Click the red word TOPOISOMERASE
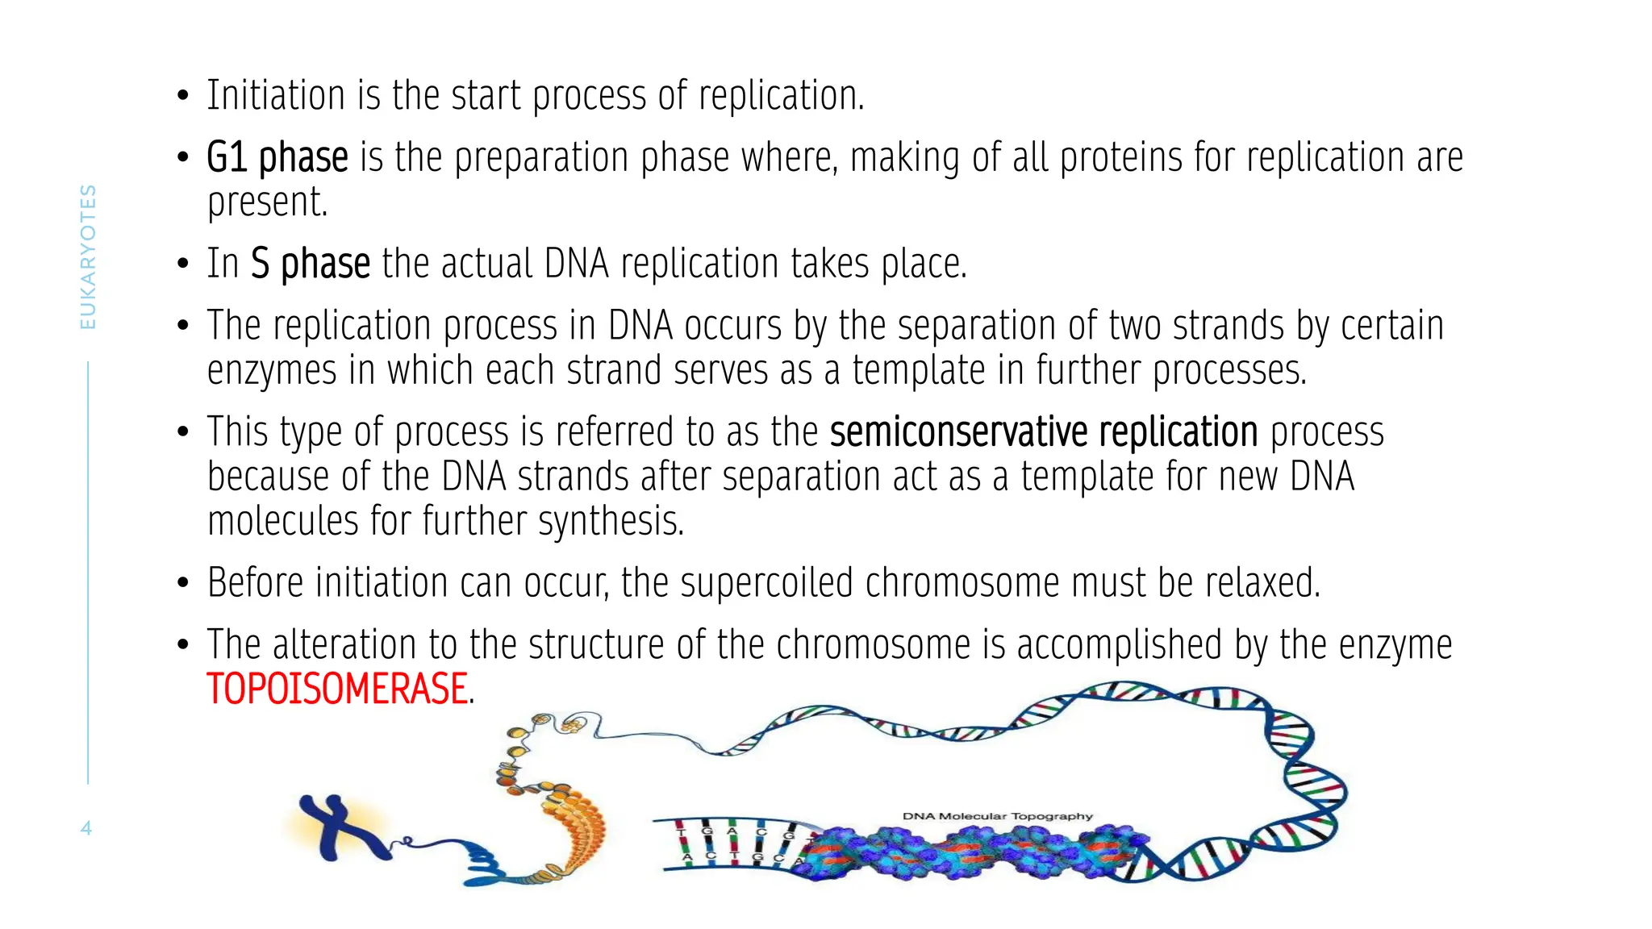pos(337,689)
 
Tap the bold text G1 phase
pos(277,157)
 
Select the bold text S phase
pos(311,264)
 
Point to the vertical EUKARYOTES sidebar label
pos(88,256)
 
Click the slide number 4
pos(86,828)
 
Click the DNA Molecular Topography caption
pos(997,816)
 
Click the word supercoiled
pos(766,583)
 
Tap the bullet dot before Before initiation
pos(183,583)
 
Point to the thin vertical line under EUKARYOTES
pos(88,573)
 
